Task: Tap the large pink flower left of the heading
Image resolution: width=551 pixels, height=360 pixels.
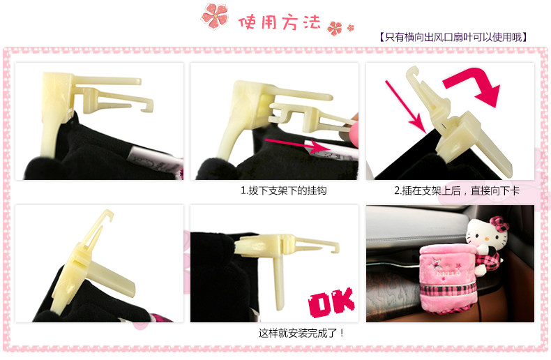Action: coord(215,15)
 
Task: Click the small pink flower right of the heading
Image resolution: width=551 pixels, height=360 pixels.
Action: coord(335,28)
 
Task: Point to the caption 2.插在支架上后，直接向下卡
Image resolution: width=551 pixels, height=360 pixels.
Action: coord(456,190)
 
